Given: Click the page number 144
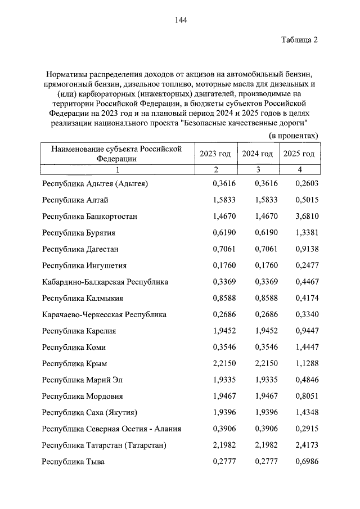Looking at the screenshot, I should [180, 20].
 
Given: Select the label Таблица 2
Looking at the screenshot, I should [300, 40].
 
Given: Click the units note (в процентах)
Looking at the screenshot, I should [293, 136].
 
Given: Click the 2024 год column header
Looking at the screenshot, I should [257, 154].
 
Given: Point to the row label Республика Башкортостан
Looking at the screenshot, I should [90, 216].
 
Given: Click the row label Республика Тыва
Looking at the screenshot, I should [73, 462].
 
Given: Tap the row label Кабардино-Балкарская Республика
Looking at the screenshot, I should [105, 281].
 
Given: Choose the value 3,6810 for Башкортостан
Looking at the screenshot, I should [299, 216].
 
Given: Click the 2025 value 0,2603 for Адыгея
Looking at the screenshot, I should [299, 183].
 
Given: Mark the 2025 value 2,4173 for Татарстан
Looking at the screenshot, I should [299, 445].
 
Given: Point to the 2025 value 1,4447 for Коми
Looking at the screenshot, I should [299, 347].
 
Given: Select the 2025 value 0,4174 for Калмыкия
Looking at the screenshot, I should [299, 298].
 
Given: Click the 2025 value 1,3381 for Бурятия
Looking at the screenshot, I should [299, 232].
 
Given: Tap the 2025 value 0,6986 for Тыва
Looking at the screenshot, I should [299, 462].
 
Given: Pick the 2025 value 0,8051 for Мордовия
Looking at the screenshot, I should [299, 396].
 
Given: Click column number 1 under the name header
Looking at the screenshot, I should [118, 170].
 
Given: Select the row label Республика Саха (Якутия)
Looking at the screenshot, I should [90, 413].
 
